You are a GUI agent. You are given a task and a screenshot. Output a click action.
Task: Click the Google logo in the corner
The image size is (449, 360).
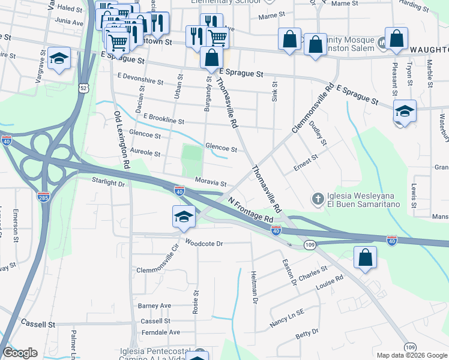pos(20,353)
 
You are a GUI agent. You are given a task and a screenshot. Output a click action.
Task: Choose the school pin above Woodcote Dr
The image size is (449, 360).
pos(184,217)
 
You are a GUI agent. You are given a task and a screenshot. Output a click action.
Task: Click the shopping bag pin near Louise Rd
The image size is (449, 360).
pos(365,257)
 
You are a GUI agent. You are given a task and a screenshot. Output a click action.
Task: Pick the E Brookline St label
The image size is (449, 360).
pos(163,120)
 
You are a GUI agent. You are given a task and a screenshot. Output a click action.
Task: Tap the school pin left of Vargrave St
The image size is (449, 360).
pos(59,59)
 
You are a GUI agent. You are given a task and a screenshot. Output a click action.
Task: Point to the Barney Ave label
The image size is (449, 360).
pos(155,305)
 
